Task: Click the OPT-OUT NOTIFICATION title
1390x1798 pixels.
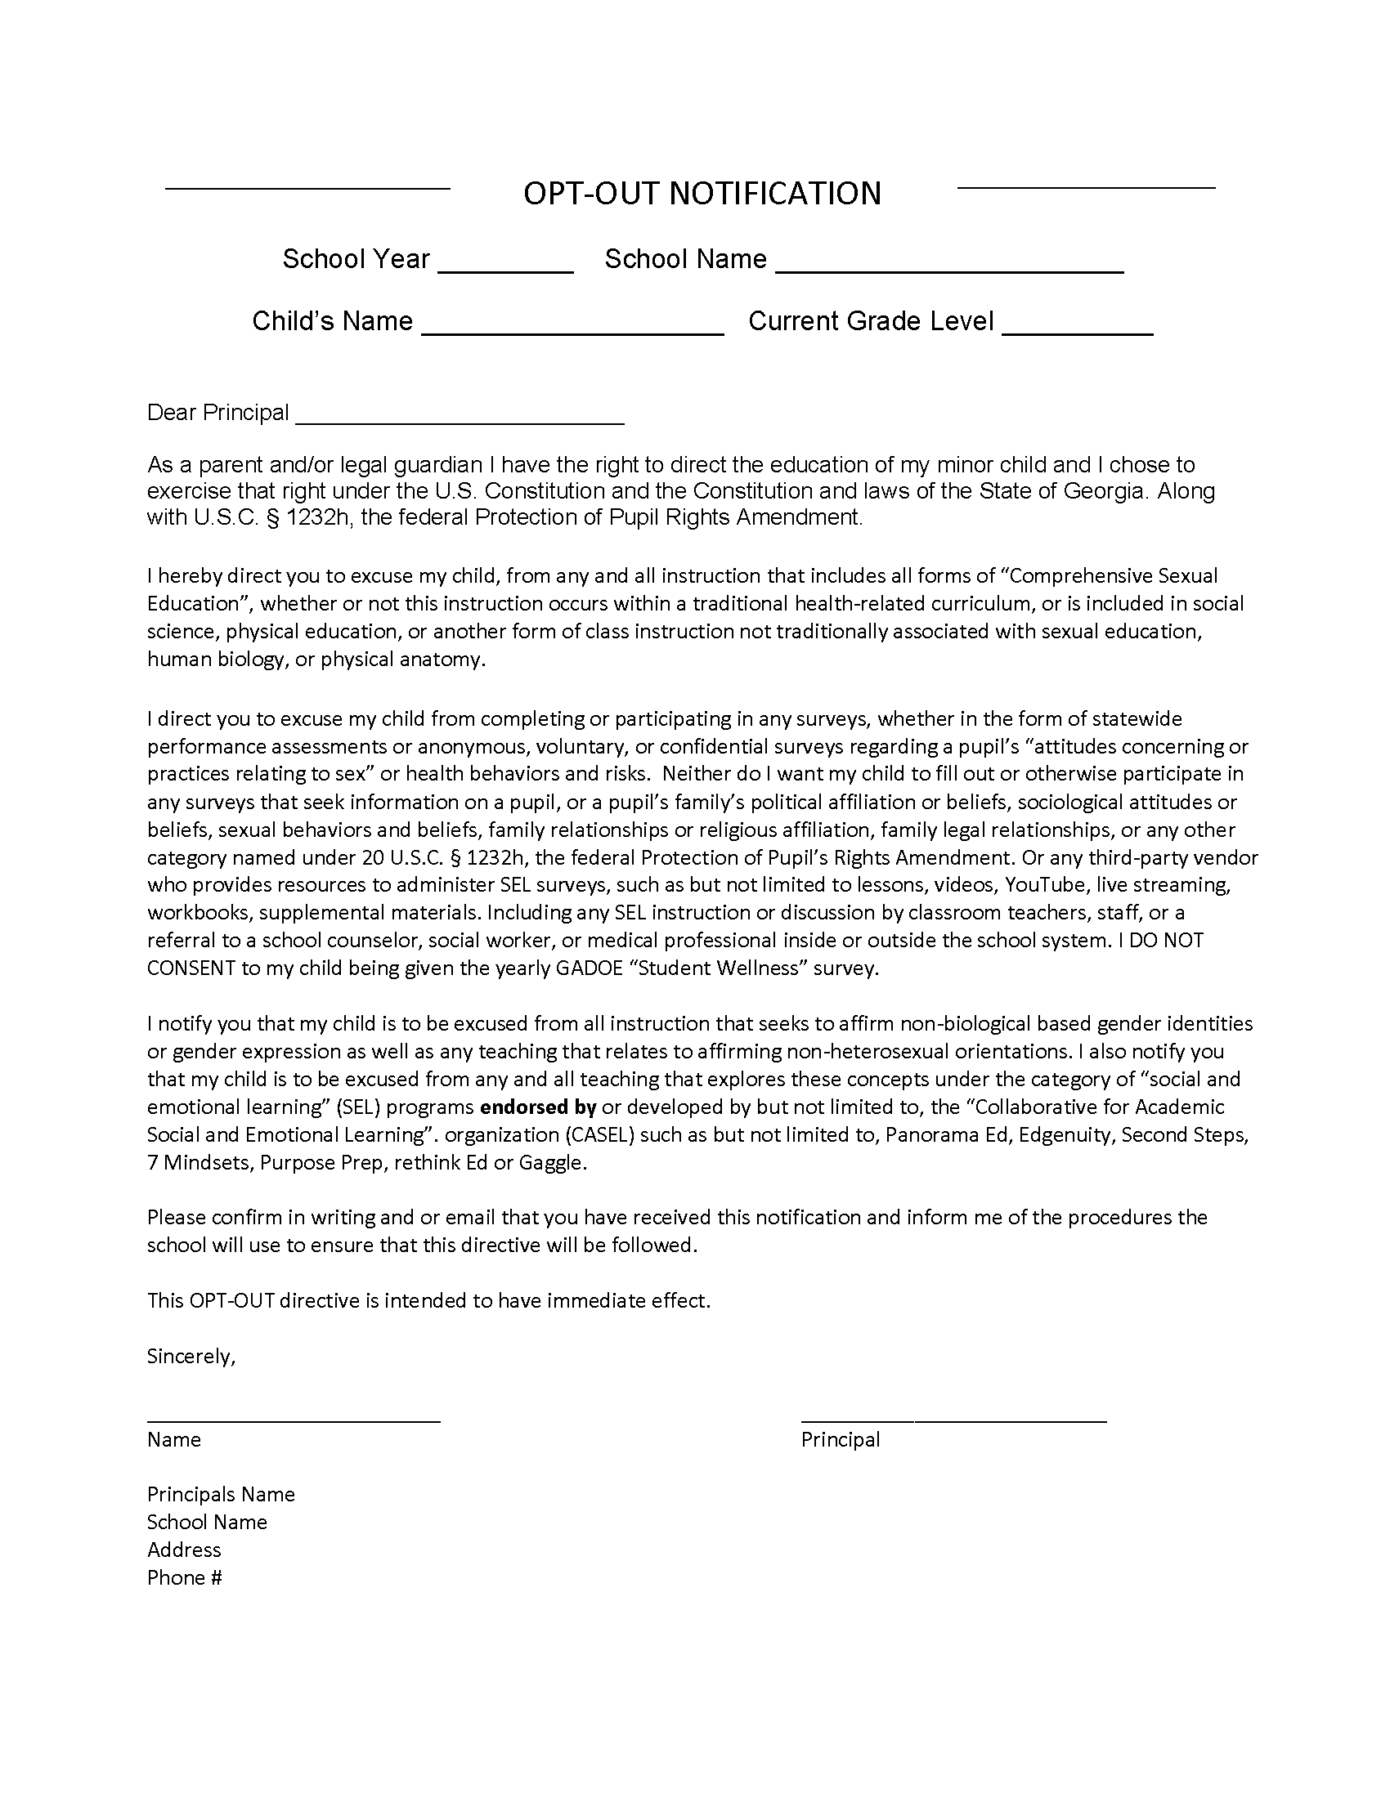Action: click(x=702, y=194)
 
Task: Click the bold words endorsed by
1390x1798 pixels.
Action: click(x=538, y=1107)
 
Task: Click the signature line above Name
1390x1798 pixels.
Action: click(x=294, y=1420)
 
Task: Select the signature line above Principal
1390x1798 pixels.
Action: click(x=953, y=1420)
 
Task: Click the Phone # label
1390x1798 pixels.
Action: click(x=185, y=1577)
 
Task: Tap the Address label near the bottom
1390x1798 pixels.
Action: click(x=184, y=1550)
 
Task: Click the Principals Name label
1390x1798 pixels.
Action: click(x=221, y=1494)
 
